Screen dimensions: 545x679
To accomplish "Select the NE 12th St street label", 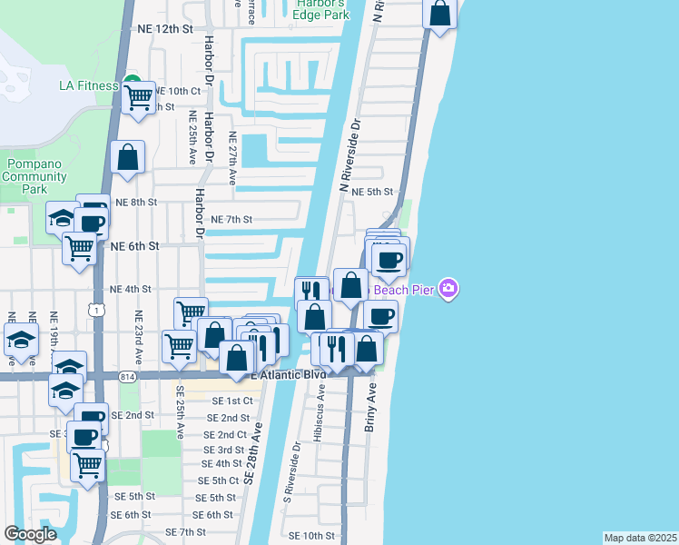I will coord(164,29).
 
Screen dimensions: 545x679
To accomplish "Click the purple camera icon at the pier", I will coord(447,290).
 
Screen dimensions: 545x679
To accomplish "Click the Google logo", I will coord(29,534).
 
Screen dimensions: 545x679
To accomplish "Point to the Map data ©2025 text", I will coord(640,538).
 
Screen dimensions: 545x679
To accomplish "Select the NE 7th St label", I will coord(231,219).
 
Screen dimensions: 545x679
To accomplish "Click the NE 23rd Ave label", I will coord(138,337).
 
